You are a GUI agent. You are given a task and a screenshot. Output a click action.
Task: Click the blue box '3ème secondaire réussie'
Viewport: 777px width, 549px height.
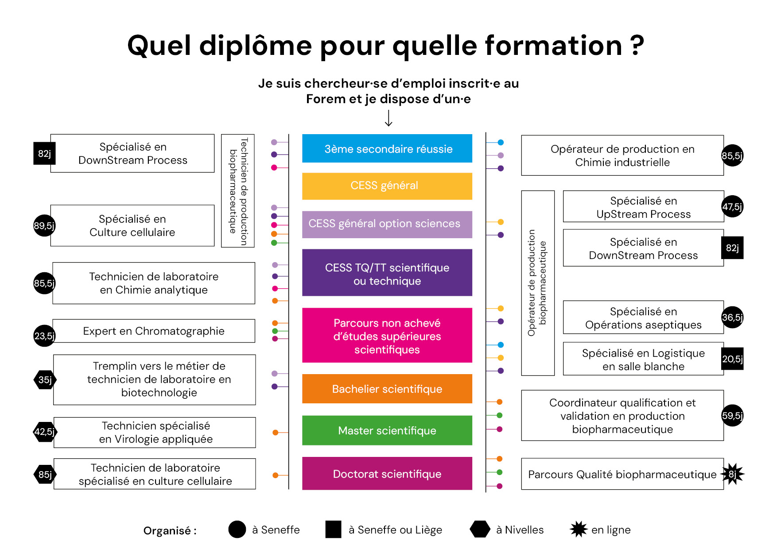click(x=387, y=148)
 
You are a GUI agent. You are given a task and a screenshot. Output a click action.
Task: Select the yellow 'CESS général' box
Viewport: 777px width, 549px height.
click(x=387, y=186)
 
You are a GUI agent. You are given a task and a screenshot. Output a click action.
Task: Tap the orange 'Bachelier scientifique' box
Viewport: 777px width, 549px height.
click(x=387, y=389)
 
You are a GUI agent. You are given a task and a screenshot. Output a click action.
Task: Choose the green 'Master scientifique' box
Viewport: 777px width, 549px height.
click(x=387, y=430)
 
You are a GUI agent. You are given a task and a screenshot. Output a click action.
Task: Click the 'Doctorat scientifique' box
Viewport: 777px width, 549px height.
click(x=387, y=473)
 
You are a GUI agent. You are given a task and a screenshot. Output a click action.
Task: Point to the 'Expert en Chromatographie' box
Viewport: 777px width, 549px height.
click(x=154, y=331)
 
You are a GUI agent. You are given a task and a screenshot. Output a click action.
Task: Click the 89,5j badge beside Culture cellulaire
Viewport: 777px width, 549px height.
click(x=44, y=225)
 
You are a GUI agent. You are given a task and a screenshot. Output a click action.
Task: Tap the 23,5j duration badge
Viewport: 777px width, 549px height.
click(x=44, y=336)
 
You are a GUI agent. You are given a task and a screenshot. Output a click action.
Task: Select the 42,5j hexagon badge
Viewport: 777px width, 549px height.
click(x=45, y=432)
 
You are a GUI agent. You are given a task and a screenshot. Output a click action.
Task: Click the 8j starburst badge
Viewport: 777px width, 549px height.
click(x=733, y=474)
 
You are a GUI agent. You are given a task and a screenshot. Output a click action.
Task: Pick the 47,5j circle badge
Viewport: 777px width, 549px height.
click(x=732, y=206)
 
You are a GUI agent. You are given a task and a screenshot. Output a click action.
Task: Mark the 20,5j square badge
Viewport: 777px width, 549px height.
click(x=732, y=359)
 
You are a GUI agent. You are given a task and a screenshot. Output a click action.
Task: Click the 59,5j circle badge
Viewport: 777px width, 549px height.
click(x=732, y=415)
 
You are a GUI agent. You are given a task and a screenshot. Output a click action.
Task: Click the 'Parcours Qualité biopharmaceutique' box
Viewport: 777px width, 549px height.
click(x=622, y=474)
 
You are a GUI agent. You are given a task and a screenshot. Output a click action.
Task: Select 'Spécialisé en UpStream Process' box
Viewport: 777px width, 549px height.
click(x=643, y=206)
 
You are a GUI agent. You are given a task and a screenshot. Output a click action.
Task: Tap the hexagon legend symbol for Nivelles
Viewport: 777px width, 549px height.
click(x=480, y=529)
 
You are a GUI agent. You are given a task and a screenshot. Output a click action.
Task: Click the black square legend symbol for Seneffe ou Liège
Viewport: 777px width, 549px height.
click(x=333, y=529)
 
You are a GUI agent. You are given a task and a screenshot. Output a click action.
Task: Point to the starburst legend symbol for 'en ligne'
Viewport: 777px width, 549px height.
click(x=579, y=529)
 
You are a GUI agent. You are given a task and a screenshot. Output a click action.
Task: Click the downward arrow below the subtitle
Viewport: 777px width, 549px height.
click(x=388, y=118)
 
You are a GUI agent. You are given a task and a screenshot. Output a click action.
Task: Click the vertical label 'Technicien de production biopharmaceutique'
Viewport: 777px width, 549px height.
click(x=238, y=191)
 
